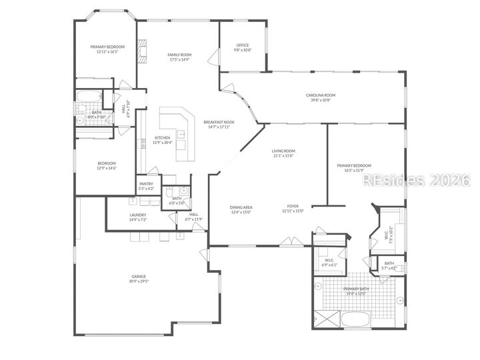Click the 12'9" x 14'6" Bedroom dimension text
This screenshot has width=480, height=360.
[x=107, y=168]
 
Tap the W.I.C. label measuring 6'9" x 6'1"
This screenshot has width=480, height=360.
[x=329, y=262]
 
